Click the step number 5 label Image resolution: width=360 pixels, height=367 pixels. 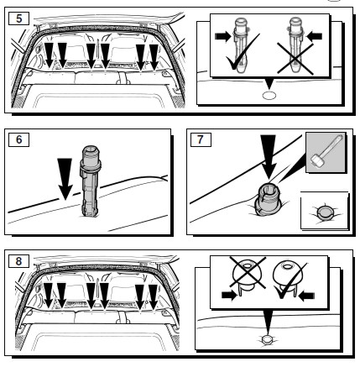click(19, 18)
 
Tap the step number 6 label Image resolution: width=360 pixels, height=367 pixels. click(19, 139)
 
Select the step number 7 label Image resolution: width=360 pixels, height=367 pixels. click(201, 139)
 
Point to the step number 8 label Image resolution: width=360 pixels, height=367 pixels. click(19, 261)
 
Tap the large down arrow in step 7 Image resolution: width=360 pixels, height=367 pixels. click(268, 157)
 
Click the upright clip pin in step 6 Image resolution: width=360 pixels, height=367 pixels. click(89, 181)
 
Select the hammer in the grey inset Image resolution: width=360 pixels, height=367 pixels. click(326, 152)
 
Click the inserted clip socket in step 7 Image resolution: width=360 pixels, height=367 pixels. click(266, 199)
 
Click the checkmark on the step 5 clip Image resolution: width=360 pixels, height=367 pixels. click(243, 53)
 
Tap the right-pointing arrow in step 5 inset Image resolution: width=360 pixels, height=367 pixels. click(222, 36)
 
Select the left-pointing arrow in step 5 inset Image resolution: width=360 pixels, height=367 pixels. click(314, 36)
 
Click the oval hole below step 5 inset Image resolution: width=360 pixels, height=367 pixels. click(269, 96)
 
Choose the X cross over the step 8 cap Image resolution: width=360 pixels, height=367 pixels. click(248, 273)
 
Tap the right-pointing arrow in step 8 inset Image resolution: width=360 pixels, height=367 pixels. click(229, 296)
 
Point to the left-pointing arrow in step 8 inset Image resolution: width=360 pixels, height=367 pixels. click(306, 296)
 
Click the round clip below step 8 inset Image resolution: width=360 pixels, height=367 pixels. click(267, 340)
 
